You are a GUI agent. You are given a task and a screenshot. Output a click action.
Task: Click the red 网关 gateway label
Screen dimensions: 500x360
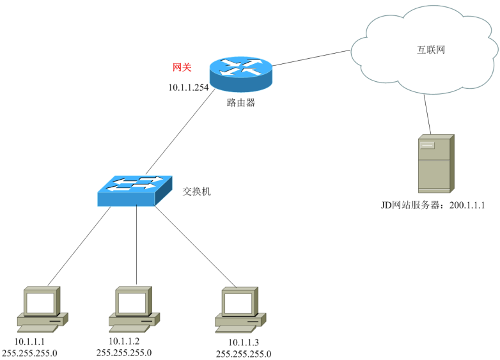[182, 67]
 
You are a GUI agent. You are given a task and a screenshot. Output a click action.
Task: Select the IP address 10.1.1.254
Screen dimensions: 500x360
[189, 88]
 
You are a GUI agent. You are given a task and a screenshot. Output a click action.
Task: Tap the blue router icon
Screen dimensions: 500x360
[241, 74]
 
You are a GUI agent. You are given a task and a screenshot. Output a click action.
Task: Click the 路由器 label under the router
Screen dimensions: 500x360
[241, 103]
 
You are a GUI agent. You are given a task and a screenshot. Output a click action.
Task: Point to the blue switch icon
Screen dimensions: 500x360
[135, 191]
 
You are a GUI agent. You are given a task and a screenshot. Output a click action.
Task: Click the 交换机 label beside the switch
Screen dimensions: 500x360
[196, 191]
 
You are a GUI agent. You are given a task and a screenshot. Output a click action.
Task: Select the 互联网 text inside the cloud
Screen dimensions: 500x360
[431, 50]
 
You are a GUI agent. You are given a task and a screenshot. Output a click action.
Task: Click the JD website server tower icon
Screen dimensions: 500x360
[436, 164]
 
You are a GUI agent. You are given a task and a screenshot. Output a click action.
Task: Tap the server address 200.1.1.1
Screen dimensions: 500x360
[467, 205]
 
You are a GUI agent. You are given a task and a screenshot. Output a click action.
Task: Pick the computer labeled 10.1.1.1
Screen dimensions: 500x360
[42, 309]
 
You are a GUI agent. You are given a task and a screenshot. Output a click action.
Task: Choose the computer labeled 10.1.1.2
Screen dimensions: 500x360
[134, 309]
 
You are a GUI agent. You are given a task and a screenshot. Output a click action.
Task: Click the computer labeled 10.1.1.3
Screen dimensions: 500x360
[240, 310]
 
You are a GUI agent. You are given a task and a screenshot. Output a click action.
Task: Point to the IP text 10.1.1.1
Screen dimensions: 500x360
[29, 342]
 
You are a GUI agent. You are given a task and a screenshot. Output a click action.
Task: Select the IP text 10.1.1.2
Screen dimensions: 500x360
[124, 341]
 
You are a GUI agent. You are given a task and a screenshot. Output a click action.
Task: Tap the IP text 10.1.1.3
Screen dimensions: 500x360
[244, 343]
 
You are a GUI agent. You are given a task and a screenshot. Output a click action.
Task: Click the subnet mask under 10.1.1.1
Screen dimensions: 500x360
[29, 354]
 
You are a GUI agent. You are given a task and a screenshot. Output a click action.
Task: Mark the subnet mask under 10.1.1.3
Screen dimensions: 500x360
[244, 354]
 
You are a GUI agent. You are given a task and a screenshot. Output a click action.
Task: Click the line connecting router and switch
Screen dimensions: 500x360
[180, 132]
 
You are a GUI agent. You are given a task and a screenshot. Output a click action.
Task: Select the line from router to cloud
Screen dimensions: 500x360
[311, 58]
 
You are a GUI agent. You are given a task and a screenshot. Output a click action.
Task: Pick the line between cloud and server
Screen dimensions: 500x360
[427, 114]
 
